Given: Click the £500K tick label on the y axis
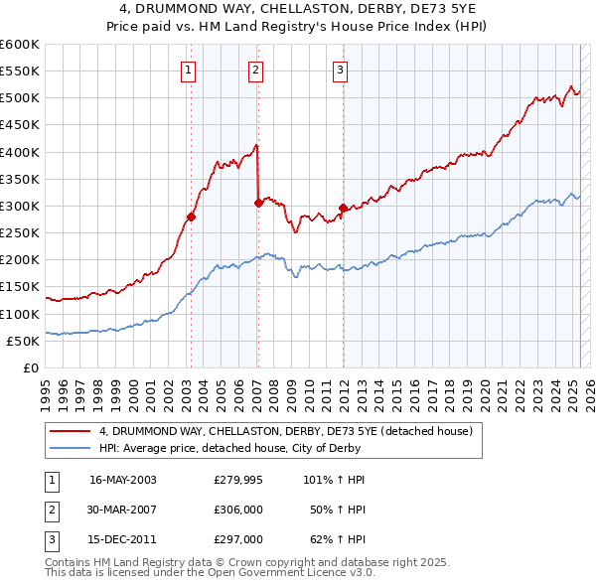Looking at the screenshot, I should point(20,97).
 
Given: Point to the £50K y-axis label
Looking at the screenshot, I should point(23,341).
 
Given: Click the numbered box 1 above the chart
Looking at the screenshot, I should point(189,70).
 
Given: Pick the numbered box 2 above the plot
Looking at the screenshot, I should point(256,70).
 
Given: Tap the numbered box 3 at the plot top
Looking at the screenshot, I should point(340,70).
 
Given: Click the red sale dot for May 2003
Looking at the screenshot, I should point(191,217).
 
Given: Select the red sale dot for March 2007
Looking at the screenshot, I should point(258,203).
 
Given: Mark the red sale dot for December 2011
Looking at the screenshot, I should point(343,208).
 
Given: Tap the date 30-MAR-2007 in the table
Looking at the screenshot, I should point(122,510).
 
